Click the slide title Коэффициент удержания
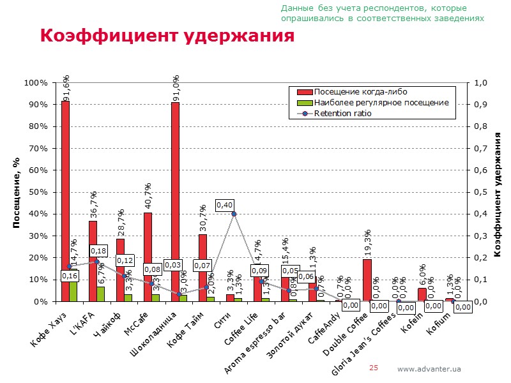167,36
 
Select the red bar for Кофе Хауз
65,191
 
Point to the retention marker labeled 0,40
234,214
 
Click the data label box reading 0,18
98,252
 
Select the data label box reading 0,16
70,276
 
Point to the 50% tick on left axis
36,192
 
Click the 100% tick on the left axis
34,83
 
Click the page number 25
374,368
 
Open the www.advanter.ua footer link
429,369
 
